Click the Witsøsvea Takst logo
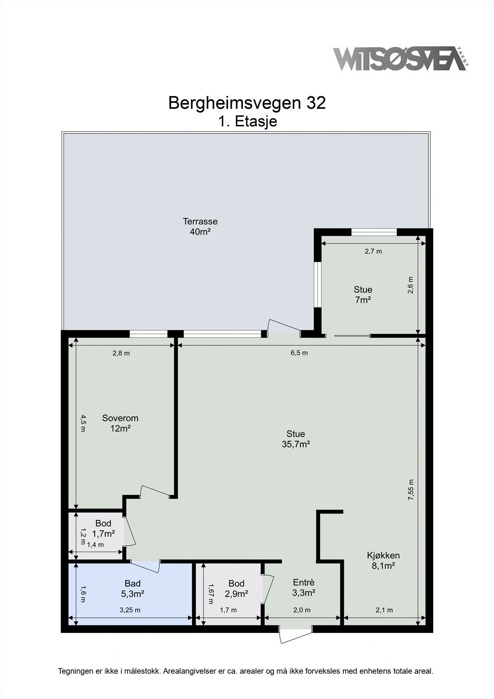[401, 59]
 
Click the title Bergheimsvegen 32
[247, 103]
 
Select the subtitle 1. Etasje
[247, 121]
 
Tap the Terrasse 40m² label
[200, 226]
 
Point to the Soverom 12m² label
[120, 423]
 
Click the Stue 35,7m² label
[296, 439]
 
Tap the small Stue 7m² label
[363, 294]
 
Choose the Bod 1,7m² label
[103, 528]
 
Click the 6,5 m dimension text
[299, 353]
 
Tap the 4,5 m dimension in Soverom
[83, 423]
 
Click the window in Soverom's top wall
[149, 334]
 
